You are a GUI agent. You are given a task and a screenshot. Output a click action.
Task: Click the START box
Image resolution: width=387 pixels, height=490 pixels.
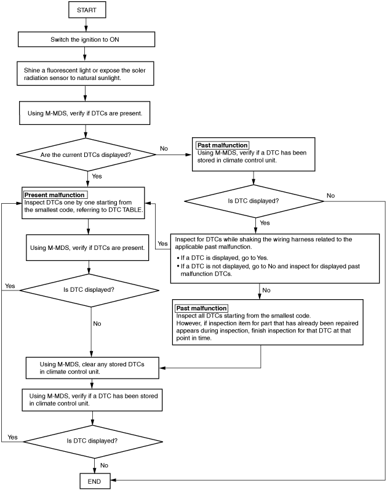point(87,10)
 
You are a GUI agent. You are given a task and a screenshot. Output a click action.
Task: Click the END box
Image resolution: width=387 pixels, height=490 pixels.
point(95,481)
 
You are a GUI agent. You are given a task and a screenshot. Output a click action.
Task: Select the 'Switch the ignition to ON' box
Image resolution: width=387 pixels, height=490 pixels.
point(86,39)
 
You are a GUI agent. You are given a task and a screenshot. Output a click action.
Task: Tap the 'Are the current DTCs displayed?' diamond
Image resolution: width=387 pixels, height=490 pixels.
point(86,155)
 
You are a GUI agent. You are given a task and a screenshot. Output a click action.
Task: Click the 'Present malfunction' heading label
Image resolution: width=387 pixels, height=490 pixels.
point(55,195)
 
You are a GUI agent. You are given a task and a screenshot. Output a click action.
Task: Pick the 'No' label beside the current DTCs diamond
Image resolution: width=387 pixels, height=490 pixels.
point(164,148)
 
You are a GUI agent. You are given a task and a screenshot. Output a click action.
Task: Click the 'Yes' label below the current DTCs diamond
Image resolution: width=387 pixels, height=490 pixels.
point(97,176)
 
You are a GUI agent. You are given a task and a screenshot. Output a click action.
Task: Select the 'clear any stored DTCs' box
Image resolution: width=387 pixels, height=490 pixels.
point(92,368)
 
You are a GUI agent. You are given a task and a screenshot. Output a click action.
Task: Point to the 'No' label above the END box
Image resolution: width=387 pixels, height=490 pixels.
point(104,465)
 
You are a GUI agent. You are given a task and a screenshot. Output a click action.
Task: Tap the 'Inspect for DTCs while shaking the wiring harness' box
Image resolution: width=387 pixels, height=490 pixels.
point(275,259)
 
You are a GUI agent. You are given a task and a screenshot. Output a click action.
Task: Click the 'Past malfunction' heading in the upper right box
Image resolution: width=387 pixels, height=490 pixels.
point(222,145)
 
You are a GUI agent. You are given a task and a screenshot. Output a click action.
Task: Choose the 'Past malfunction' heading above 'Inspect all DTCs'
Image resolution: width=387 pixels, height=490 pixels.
point(201,308)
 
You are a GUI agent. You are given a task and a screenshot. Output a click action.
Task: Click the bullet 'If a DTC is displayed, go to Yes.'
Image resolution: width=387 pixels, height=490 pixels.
point(222,258)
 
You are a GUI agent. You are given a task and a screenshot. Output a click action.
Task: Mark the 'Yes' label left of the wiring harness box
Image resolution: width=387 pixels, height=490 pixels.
point(162,243)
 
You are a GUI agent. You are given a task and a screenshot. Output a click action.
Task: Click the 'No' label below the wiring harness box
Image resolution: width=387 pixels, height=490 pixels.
point(266,290)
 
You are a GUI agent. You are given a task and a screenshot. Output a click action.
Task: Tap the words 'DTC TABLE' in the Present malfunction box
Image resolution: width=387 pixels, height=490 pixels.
point(125,210)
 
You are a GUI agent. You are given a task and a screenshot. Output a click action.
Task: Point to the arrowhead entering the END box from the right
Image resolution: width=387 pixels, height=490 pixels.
point(113,480)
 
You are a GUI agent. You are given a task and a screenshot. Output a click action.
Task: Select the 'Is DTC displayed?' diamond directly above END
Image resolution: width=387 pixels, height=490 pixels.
point(93,441)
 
